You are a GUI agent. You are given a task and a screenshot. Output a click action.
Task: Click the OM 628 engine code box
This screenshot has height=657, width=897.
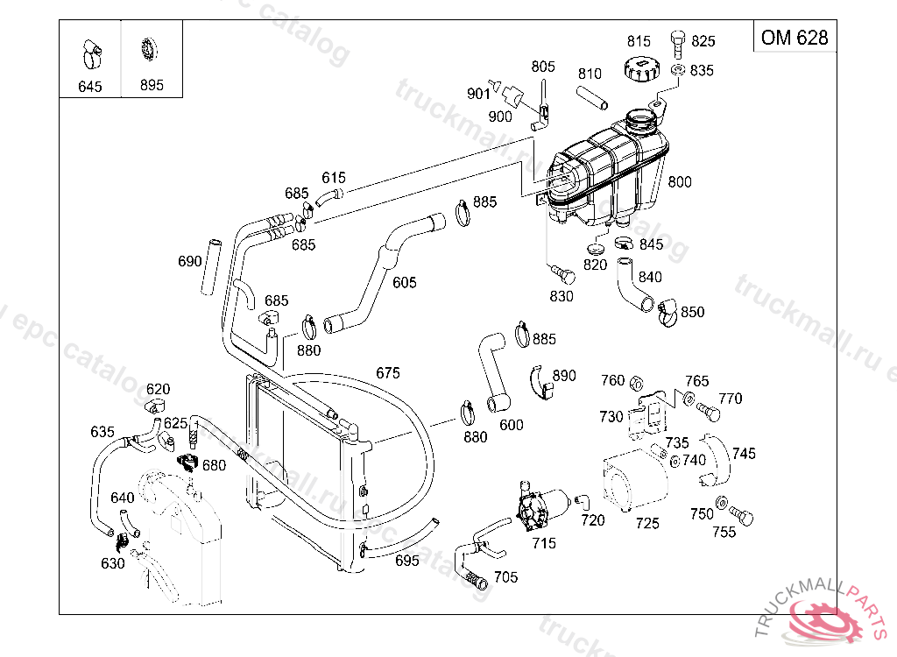[794, 37]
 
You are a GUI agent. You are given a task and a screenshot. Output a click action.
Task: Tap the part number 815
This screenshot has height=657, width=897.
[639, 41]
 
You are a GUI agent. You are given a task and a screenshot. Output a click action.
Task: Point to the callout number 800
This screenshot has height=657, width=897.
[680, 182]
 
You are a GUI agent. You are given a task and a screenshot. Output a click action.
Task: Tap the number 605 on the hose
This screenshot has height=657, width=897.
[405, 283]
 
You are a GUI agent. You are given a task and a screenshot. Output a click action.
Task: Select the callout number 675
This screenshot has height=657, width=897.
[388, 372]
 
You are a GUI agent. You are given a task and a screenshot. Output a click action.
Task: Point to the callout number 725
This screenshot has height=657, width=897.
[647, 523]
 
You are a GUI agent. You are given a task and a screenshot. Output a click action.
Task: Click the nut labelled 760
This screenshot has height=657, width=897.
[638, 382]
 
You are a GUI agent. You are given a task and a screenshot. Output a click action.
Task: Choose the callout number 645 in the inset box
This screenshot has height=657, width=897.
[90, 87]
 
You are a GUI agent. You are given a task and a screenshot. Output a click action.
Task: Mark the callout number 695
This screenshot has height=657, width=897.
[407, 561]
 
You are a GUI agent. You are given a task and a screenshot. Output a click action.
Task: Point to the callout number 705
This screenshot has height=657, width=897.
[506, 576]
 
